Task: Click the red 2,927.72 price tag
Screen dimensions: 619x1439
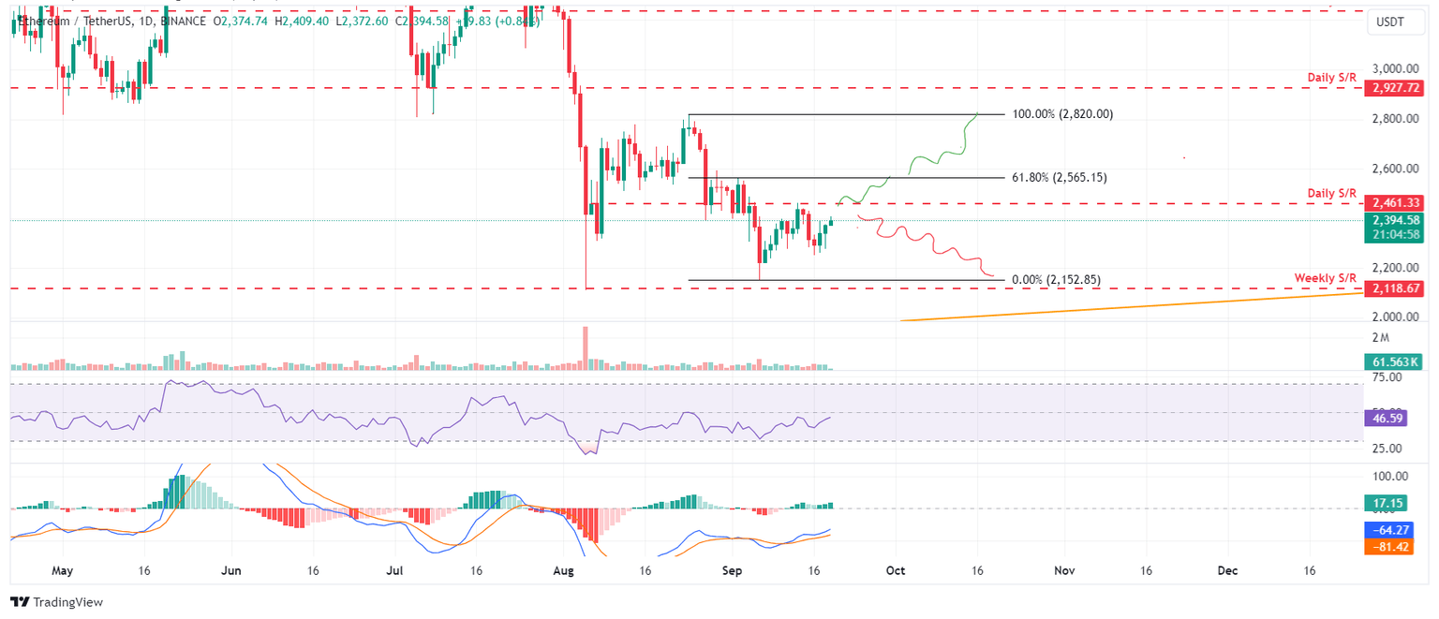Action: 1396,88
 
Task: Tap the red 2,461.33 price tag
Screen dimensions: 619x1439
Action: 1396,202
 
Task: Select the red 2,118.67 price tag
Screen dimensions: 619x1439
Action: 1396,289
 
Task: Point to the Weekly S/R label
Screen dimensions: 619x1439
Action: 1325,278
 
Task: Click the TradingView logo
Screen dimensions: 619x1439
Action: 57,602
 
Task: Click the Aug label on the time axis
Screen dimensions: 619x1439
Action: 563,569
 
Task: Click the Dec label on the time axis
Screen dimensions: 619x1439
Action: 1227,569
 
